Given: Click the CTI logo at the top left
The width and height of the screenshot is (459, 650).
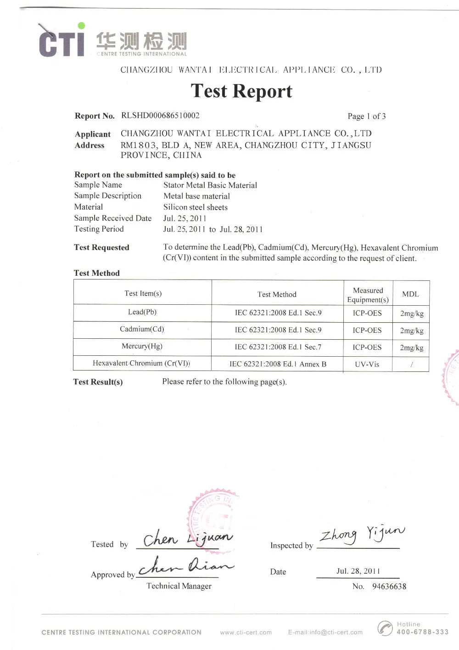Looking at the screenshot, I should pos(62,40).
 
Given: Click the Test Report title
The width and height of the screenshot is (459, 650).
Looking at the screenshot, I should pos(241,91).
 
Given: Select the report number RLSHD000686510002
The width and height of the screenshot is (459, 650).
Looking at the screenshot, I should pos(160,115).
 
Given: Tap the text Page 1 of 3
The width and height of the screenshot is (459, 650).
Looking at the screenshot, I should pos(366,116).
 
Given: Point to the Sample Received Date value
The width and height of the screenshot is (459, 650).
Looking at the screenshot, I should pos(185,218).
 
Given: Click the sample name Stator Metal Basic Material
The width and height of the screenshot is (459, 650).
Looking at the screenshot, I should pos(210,185).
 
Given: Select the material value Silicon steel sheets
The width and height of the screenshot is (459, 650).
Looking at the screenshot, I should pos(195,207).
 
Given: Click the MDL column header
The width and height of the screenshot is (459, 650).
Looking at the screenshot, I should pos(410,294).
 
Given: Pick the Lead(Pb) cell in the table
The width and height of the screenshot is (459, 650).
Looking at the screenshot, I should pos(142,312).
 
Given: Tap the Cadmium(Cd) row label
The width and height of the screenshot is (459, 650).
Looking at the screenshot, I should pos(142,329).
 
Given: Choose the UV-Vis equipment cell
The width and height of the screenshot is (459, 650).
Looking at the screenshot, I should pos(367,364).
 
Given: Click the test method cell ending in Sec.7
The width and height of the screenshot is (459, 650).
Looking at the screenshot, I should pos(278,347).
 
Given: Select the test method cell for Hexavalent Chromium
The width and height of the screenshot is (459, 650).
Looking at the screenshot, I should pos(278,364).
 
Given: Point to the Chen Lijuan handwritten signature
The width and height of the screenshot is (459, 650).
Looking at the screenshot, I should pos(187,538).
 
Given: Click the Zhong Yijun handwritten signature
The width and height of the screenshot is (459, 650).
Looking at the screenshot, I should pos(362,534).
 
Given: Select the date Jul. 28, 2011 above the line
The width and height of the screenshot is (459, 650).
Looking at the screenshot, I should pos(358,571).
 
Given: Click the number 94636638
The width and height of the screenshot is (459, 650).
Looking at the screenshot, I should pos(389,586).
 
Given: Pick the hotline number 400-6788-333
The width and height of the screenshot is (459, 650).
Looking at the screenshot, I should pos(422,632).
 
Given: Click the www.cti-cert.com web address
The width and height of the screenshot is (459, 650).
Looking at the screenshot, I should pos(246,633).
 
